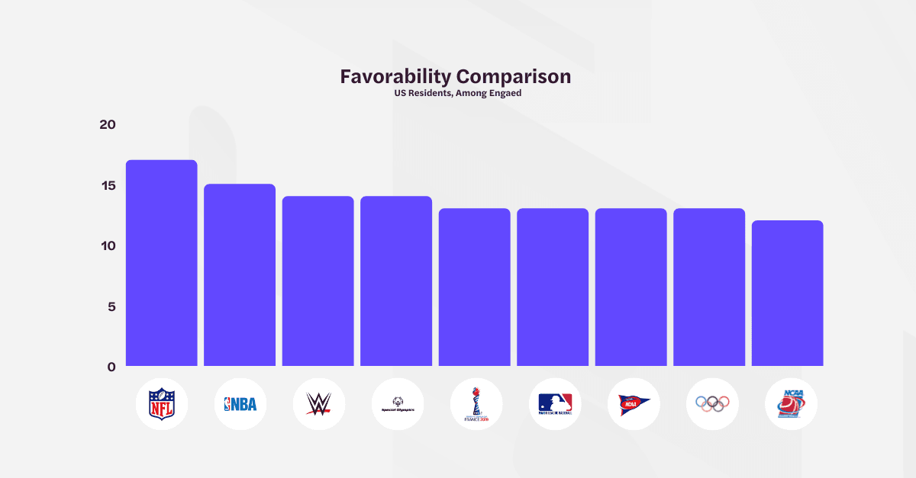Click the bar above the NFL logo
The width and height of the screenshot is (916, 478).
[161, 263]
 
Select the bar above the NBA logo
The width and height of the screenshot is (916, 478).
[240, 274]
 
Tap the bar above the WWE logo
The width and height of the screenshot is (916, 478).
[318, 281]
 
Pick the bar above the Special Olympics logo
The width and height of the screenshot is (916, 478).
[396, 281]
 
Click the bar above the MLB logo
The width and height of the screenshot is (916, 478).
[553, 287]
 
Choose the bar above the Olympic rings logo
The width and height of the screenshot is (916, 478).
[709, 287]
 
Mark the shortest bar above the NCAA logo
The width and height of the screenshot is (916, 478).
[787, 293]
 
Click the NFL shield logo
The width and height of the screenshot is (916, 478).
[161, 404]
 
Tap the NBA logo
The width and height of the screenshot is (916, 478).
[240, 404]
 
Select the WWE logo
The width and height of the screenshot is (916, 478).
[318, 404]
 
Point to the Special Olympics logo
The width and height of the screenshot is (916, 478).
[397, 405]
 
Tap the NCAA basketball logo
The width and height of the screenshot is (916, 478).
[790, 404]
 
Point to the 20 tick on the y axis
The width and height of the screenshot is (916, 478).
[107, 124]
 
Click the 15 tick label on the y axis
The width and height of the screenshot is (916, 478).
[107, 185]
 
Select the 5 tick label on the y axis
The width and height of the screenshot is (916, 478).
[111, 306]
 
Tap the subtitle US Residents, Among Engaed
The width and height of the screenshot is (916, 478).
[457, 93]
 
